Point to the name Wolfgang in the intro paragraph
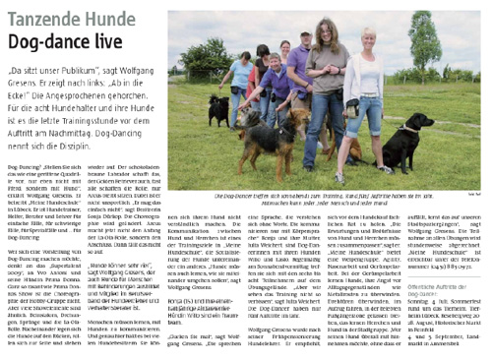click(116, 74)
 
